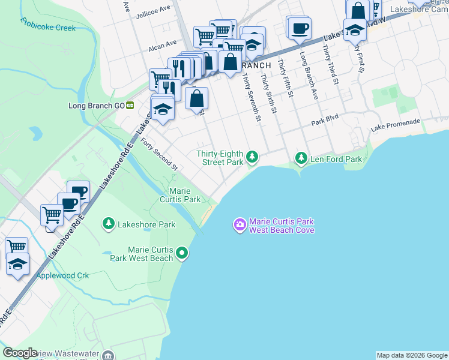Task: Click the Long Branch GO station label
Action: pos(96,106)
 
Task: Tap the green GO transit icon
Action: pos(130,106)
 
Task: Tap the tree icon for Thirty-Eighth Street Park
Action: pos(253,157)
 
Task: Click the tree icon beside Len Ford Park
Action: pos(301,158)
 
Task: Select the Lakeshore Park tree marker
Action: pos(109,224)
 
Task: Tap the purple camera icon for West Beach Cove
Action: pos(240,224)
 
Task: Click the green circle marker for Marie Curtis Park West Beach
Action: pos(182,254)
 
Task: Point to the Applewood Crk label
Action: pos(62,275)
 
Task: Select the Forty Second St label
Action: pos(159,154)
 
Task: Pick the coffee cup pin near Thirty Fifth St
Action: pos(299,28)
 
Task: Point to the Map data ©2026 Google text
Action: pos(412,355)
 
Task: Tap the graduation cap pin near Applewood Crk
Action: pos(18,264)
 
